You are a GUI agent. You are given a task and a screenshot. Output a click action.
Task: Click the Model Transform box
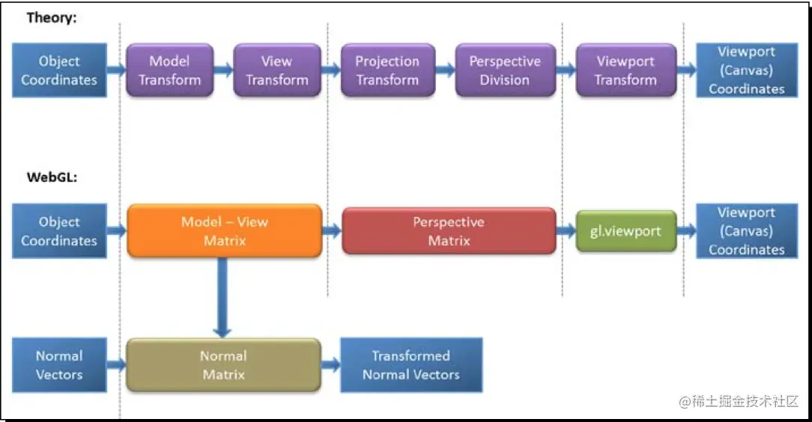(170, 70)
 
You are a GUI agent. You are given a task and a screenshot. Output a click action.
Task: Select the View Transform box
(277, 70)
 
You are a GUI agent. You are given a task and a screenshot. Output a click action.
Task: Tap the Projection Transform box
(387, 70)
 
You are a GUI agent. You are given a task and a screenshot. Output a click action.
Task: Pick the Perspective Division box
(505, 70)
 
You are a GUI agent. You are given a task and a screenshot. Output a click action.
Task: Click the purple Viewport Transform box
(625, 70)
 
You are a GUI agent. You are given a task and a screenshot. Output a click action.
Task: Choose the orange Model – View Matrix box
(225, 231)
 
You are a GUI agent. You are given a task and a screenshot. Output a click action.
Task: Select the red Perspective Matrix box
(449, 231)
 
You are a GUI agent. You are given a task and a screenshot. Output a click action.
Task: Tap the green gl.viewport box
(625, 231)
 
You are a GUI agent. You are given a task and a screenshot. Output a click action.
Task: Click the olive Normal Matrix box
(223, 365)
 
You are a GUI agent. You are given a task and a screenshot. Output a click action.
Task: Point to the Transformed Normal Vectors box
(410, 365)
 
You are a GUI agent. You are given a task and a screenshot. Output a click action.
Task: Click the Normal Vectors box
(59, 365)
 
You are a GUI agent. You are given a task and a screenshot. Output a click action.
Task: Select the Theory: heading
(52, 18)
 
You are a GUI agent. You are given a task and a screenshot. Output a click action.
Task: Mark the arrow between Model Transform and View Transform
(223, 70)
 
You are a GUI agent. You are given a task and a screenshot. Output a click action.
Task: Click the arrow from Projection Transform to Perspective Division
(445, 70)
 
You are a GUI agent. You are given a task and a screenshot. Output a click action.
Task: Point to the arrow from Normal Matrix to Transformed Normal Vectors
(330, 365)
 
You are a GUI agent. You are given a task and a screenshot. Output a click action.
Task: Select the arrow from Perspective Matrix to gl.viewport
(566, 231)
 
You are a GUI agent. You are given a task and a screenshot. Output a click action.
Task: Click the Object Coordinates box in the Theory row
(59, 70)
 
